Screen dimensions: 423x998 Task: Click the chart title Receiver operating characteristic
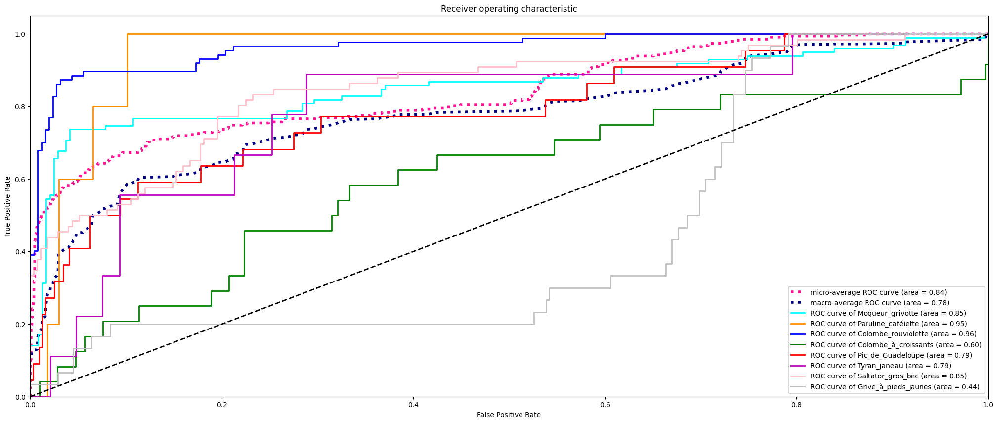(x=509, y=9)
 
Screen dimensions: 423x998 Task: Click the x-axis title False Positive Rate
(x=509, y=415)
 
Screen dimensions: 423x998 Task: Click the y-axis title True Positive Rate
(x=8, y=206)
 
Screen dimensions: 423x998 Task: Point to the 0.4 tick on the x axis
(x=413, y=397)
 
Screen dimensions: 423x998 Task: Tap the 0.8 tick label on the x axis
(x=796, y=405)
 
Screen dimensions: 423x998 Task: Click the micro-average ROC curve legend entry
(x=878, y=292)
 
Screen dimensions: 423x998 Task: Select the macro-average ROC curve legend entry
(x=879, y=303)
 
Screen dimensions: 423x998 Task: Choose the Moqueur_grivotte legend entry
(x=888, y=313)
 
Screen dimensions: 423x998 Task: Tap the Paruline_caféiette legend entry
(x=888, y=324)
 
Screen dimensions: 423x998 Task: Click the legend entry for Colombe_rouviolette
(x=893, y=334)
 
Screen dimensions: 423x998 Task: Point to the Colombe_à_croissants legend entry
(x=896, y=345)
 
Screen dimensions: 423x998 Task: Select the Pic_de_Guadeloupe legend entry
(x=891, y=355)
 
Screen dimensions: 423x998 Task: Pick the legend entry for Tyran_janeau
(x=880, y=366)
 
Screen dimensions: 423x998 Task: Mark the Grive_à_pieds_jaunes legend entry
(x=895, y=387)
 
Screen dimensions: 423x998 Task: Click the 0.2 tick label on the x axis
(x=222, y=405)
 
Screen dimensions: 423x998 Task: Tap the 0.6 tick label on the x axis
(x=605, y=405)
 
